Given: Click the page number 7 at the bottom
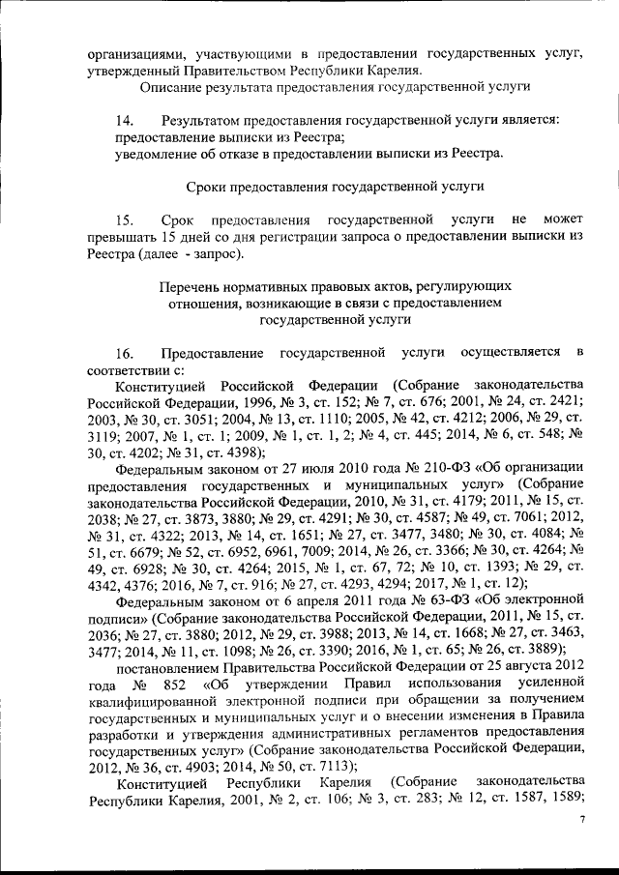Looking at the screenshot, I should pyautogui.click(x=582, y=819).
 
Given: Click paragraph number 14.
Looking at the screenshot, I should pyautogui.click(x=124, y=121).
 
